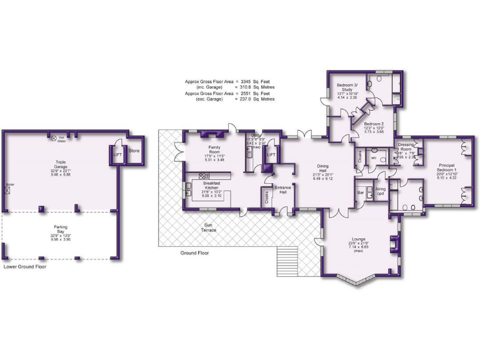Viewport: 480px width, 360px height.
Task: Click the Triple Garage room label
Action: tap(61, 163)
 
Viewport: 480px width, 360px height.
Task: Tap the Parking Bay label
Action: tap(61, 229)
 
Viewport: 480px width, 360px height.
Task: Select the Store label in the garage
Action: tap(134, 151)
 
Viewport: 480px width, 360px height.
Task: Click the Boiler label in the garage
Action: tap(9, 185)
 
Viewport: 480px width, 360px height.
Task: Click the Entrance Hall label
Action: tap(284, 189)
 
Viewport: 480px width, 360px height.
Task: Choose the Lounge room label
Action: tap(359, 240)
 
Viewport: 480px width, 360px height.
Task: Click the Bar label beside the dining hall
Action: tap(360, 192)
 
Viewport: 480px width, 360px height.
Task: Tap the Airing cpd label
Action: tap(380, 191)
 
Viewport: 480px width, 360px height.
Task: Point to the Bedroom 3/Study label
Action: tap(347, 87)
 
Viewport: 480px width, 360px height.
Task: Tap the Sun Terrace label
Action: tap(209, 227)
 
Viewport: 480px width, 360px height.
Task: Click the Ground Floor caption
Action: tap(195, 253)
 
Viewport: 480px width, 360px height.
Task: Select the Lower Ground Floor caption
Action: tap(25, 267)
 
